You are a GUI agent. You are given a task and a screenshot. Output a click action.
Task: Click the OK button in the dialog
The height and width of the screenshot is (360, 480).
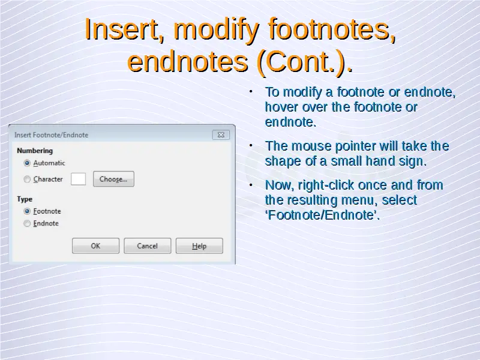[95, 246]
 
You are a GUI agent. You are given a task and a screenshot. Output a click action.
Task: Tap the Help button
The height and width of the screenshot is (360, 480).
[199, 246]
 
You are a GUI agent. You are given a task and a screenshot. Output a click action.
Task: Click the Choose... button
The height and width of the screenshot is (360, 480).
[113, 179]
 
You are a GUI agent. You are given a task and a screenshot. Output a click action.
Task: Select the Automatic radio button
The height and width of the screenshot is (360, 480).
[27, 163]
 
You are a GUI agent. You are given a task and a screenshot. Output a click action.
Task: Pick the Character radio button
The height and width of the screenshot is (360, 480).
[27, 179]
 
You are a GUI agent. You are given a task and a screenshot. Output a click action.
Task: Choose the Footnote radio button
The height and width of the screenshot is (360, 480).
[27, 211]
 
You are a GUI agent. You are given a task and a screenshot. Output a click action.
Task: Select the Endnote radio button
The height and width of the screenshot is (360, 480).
[27, 223]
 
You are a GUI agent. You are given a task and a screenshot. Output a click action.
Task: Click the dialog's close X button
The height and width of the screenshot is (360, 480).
[221, 134]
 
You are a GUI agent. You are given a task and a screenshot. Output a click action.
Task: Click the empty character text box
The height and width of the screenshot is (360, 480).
[78, 179]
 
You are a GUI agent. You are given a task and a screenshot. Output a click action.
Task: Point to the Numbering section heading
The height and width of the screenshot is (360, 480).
[35, 151]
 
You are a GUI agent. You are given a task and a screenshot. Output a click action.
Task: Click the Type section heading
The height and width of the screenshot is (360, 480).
[25, 199]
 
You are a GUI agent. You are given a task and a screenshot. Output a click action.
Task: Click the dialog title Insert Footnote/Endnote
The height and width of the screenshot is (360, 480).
[51, 135]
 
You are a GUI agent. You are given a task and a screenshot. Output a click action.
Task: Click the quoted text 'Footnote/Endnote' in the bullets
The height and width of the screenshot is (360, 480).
[322, 215]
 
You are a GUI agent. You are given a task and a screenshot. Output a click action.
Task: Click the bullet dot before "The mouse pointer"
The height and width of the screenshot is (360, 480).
[251, 146]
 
